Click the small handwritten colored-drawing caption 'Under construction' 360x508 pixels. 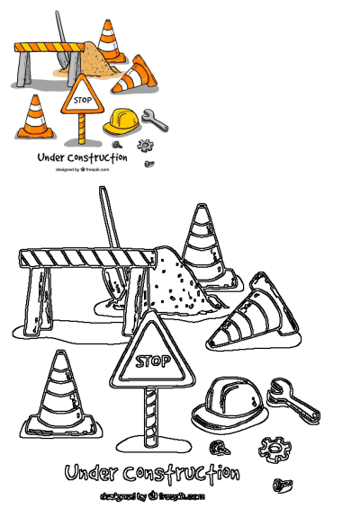pyautogui.click(x=82, y=157)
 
